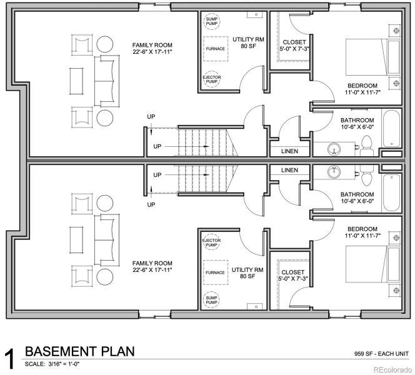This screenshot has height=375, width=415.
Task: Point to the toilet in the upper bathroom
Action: pyautogui.click(x=367, y=144)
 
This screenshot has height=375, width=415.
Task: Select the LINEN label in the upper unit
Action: pyautogui.click(x=289, y=151)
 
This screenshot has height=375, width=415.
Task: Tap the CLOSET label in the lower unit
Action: pyautogui.click(x=293, y=272)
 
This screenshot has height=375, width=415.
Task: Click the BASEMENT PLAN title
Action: pyautogui.click(x=79, y=351)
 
